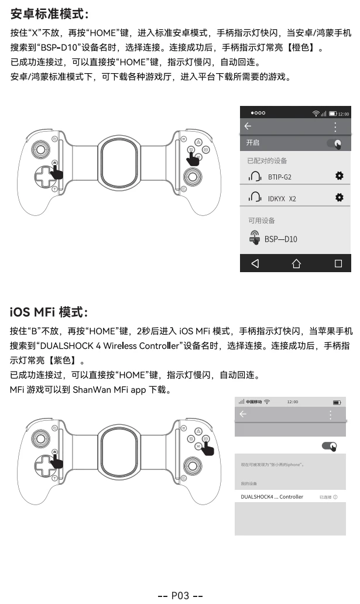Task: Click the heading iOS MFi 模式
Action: (x=49, y=311)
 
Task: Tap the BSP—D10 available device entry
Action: (x=280, y=239)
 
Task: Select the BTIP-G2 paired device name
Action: (x=279, y=177)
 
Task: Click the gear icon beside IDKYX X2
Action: (x=339, y=198)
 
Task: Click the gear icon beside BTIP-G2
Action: (x=339, y=176)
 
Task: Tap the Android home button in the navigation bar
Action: (x=296, y=263)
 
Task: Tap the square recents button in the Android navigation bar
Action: (x=338, y=263)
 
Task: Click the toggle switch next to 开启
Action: (x=335, y=143)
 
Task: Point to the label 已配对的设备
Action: (x=267, y=160)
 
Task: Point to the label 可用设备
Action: (x=261, y=221)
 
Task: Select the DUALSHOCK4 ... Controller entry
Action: (x=272, y=497)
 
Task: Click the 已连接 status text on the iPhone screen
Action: (x=326, y=497)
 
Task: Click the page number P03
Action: (x=180, y=595)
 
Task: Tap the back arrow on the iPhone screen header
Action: (x=243, y=414)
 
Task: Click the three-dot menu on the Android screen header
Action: (x=335, y=126)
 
